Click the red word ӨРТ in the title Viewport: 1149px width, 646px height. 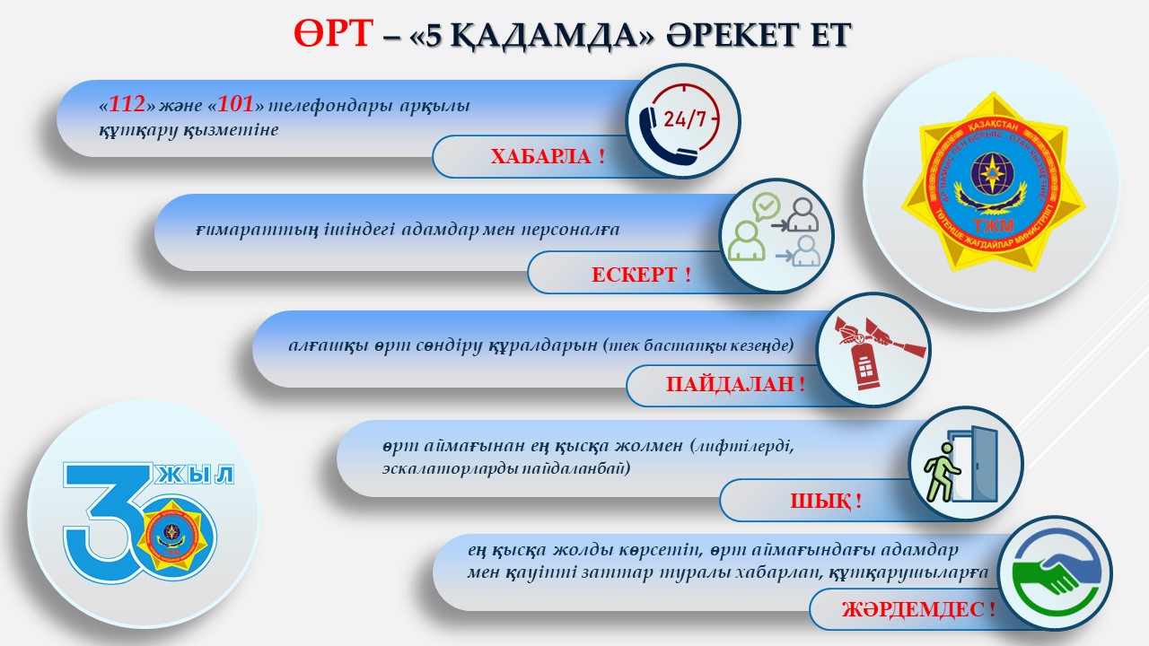[331, 34]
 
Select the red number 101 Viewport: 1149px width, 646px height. [236, 105]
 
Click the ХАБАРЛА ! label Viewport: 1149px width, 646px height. [547, 157]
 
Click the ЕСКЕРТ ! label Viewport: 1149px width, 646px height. [641, 275]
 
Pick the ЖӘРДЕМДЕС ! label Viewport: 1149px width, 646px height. [918, 610]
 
